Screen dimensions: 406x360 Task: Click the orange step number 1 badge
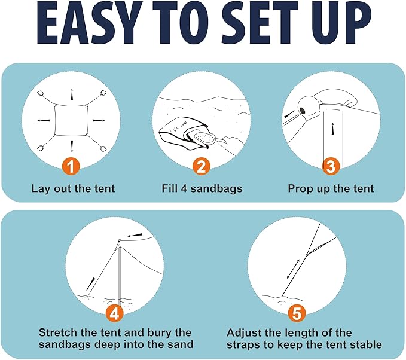point(71,166)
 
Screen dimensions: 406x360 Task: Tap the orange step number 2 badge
point(201,166)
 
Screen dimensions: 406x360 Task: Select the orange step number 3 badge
point(331,166)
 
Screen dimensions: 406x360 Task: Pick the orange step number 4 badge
point(114,313)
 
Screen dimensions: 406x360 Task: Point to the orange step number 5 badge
point(297,313)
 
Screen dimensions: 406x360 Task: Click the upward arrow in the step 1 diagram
point(72,95)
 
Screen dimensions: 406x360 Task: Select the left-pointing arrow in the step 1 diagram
point(44,120)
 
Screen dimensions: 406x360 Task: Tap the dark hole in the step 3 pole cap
point(303,111)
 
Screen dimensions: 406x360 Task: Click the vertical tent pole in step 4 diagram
point(120,276)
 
